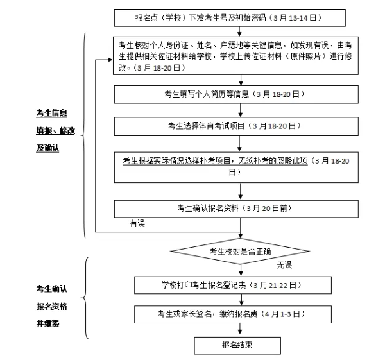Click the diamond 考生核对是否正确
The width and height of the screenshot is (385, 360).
[x=241, y=251]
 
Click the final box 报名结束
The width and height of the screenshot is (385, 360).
[x=237, y=345]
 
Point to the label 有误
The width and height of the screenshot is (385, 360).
[x=137, y=223]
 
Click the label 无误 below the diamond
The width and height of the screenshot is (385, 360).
[x=284, y=265]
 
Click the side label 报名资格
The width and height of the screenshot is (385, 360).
[x=51, y=306]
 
